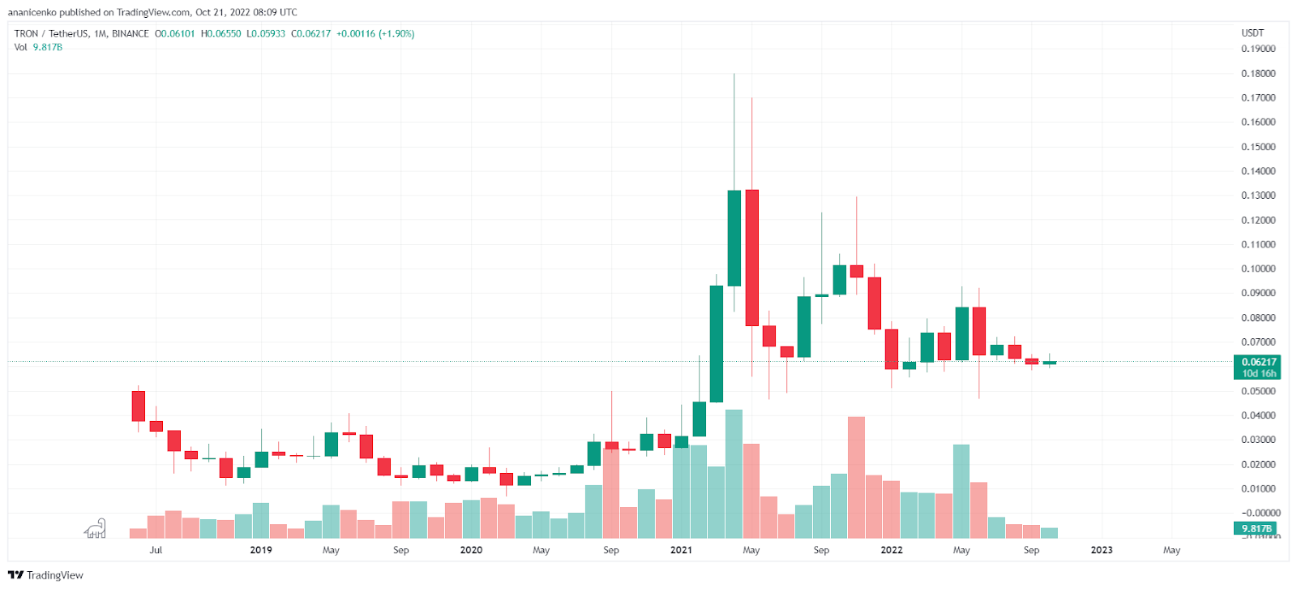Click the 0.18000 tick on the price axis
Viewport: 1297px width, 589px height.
1258,74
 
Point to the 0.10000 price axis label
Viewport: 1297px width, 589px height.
1258,269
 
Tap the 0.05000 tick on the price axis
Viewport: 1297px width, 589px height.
1258,391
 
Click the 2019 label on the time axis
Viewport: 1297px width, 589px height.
261,550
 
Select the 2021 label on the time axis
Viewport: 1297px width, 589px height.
681,550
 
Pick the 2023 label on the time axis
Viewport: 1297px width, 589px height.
1102,550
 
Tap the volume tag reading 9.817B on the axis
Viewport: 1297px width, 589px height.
1256,528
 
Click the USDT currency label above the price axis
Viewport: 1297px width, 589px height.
1252,33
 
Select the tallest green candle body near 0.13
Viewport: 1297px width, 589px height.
734,238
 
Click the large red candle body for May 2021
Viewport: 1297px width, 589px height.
751,257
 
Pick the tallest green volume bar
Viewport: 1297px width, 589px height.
734,474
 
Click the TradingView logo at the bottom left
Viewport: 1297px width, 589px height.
45,575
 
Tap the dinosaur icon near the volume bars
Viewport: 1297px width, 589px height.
96,529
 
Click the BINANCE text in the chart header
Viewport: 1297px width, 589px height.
131,34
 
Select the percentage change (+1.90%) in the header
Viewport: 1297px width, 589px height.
396,34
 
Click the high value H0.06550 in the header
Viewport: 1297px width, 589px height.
220,34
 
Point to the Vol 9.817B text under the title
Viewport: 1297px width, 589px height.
38,47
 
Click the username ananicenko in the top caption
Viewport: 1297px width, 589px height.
32,12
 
